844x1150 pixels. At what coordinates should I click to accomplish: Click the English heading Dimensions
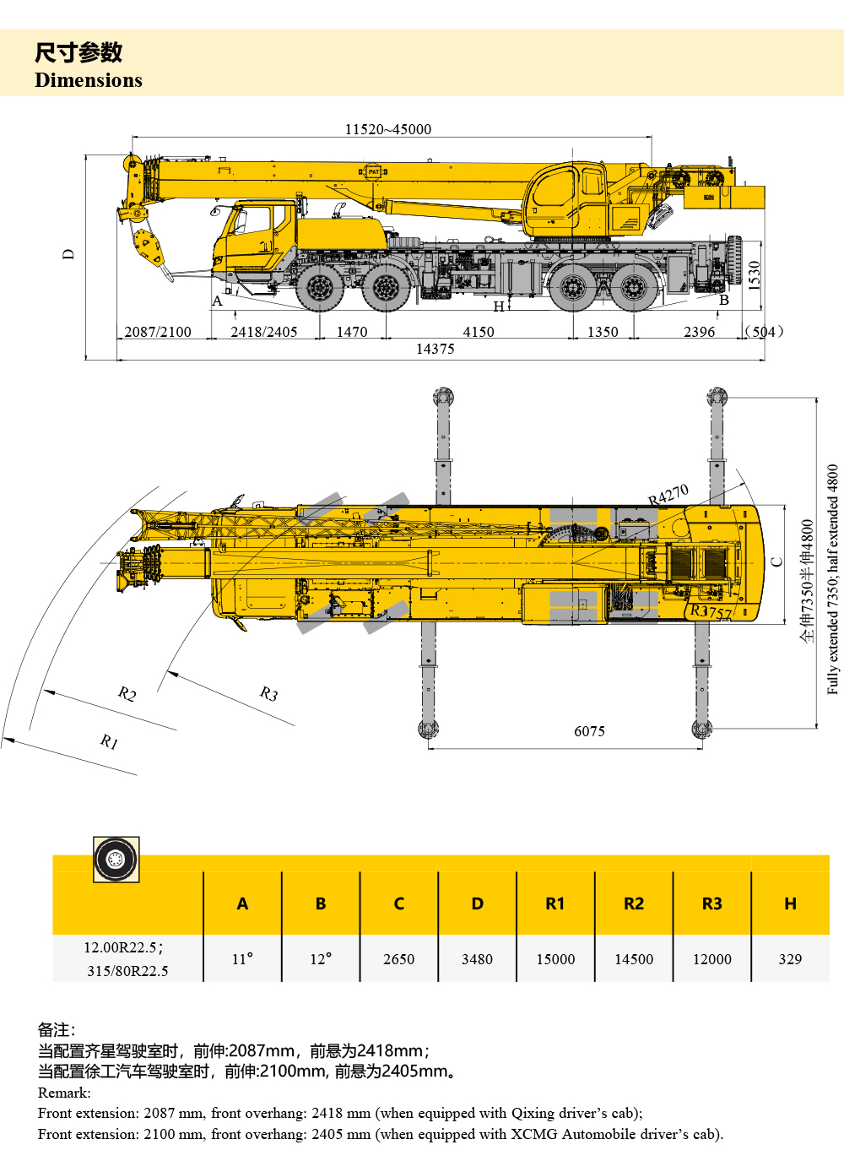[x=89, y=80]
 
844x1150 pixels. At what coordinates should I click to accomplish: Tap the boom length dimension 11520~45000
[x=388, y=129]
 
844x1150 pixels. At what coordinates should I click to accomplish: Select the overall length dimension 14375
[x=436, y=349]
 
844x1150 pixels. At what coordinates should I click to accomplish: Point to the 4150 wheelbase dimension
[x=479, y=332]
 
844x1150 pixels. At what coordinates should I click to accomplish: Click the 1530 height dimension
[x=754, y=276]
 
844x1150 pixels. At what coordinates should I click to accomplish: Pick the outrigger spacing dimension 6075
[x=589, y=731]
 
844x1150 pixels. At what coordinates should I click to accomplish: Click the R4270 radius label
[x=668, y=495]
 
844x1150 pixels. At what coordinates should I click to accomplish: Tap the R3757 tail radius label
[x=711, y=611]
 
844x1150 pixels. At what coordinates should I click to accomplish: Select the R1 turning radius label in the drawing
[x=109, y=741]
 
